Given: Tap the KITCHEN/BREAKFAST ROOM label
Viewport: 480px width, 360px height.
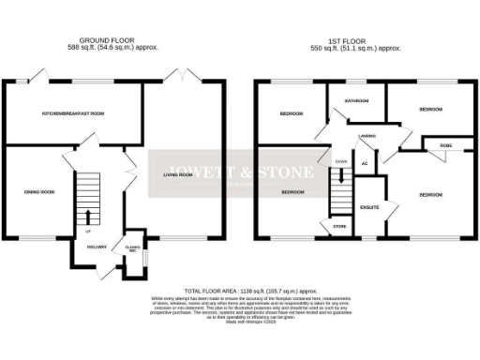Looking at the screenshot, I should tap(66, 113).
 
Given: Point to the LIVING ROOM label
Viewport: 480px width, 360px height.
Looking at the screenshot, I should tap(178, 174).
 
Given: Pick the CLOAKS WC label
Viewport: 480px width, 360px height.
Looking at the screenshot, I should tap(132, 247).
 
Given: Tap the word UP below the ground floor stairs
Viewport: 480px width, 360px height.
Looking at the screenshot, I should tap(88, 231).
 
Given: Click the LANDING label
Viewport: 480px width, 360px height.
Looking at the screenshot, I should tap(367, 136).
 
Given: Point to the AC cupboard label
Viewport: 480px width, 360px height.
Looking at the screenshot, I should tap(363, 165).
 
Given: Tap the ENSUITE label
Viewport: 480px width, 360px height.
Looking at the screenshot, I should tap(369, 206).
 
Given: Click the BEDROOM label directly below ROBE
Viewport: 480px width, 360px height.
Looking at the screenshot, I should tap(430, 194).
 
